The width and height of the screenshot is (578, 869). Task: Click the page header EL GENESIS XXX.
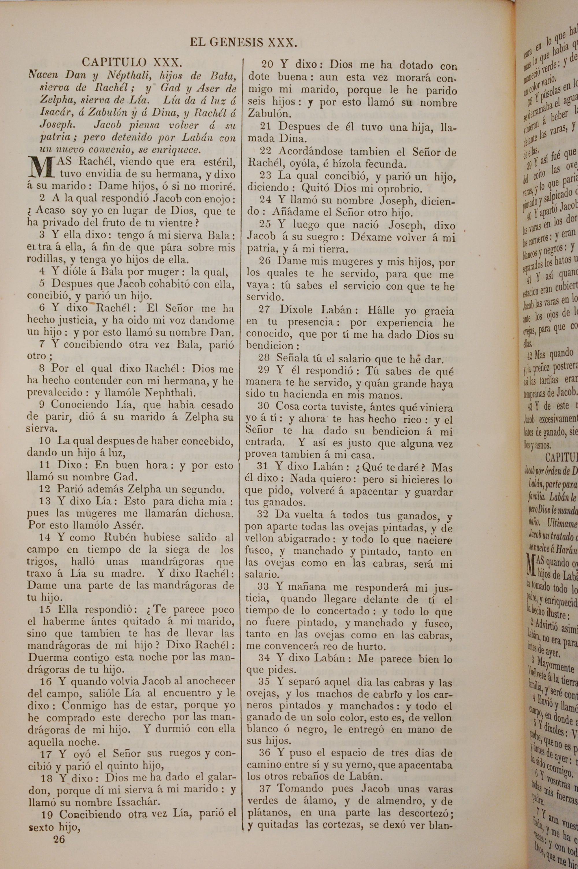click(243, 43)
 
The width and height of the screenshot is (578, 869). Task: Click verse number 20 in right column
click(267, 64)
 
